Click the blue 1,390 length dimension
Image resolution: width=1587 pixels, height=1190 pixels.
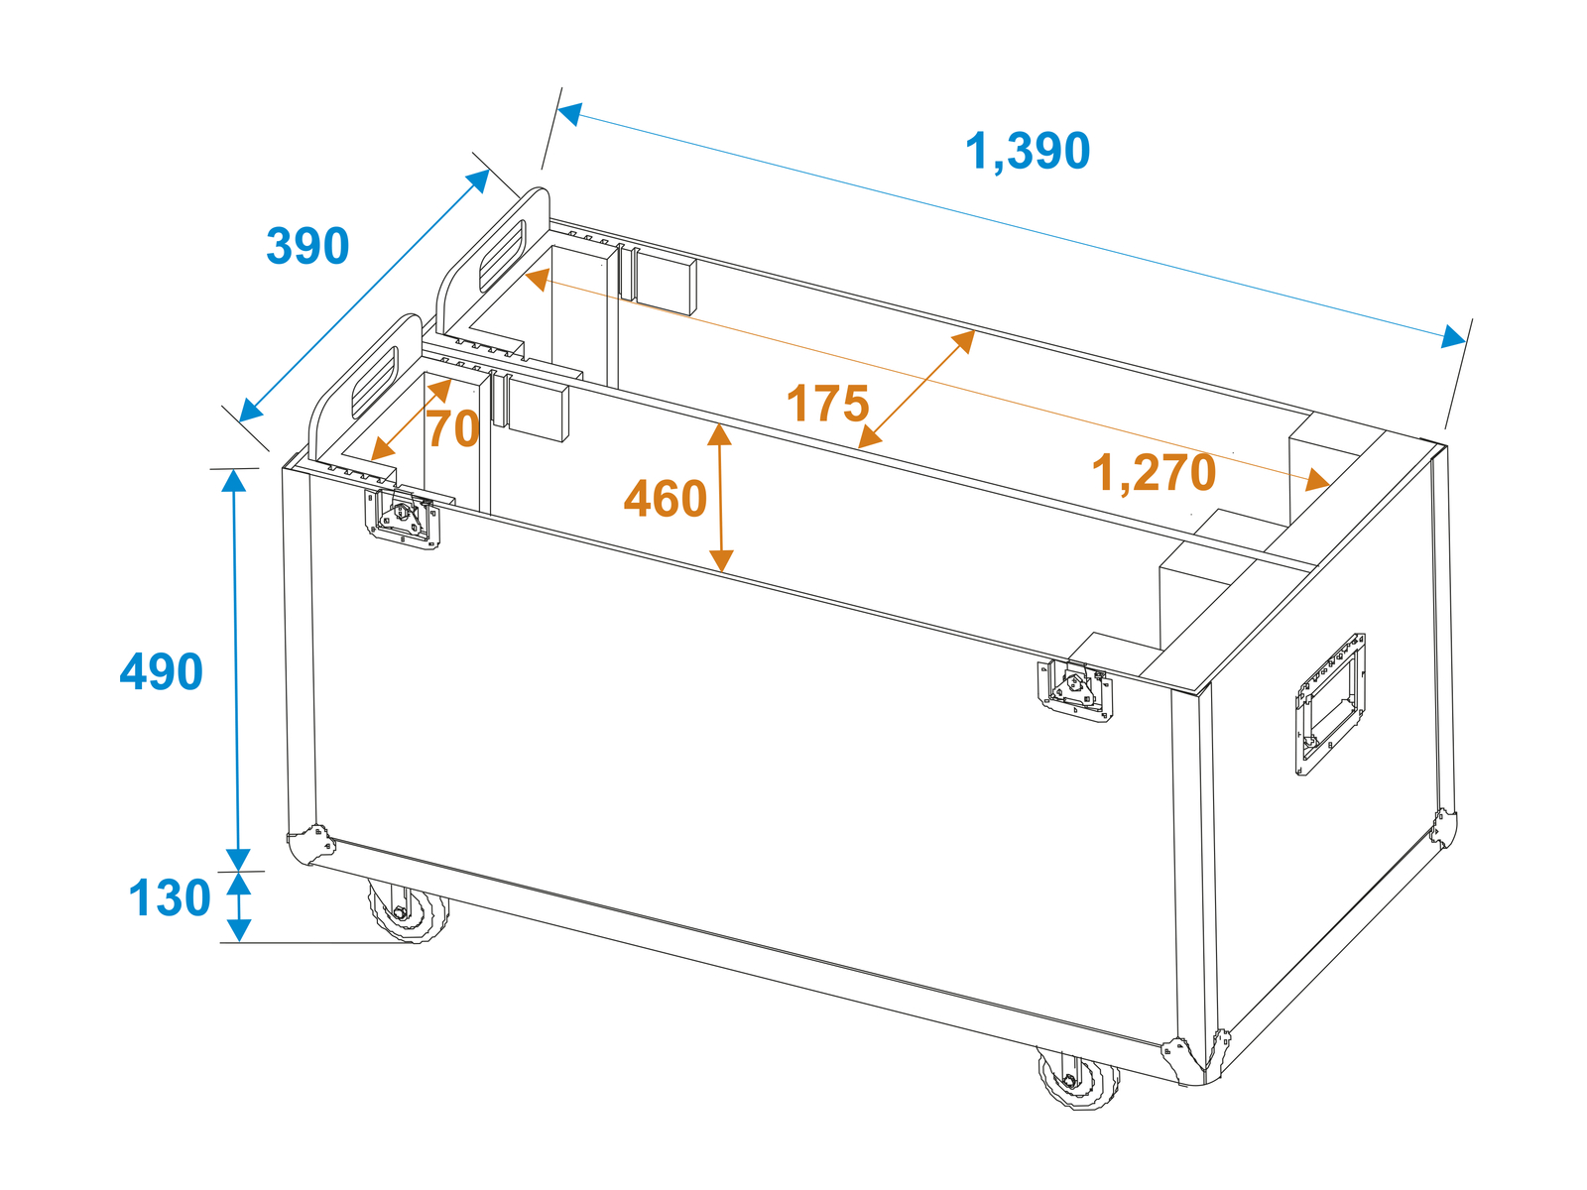coord(1027,151)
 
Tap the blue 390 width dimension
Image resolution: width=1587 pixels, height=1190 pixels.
coord(307,246)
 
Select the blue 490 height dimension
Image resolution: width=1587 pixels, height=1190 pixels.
coord(161,671)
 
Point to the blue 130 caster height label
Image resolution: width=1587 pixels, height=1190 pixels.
coord(170,897)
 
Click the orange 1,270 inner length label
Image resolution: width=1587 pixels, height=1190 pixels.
coord(1154,473)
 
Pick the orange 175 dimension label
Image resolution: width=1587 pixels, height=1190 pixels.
coord(827,404)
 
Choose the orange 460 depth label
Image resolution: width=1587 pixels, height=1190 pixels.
coord(666,499)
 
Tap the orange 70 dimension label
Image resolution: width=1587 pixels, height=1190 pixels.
coord(452,429)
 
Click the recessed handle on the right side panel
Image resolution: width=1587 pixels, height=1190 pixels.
coord(1330,704)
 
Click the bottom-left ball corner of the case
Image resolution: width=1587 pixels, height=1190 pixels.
coord(310,844)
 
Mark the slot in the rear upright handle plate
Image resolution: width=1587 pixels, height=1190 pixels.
coord(502,257)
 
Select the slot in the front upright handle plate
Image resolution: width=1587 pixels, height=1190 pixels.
coord(375,382)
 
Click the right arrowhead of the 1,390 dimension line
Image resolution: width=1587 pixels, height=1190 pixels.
coord(1453,337)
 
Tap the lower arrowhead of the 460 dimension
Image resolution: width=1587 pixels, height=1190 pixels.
coord(721,561)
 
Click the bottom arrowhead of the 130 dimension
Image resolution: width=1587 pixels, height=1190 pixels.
coord(239,930)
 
